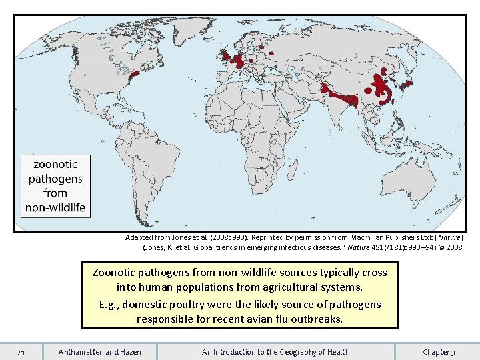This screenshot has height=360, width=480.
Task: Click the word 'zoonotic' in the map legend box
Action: tap(55, 164)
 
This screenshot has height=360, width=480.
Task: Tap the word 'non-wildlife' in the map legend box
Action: tap(55, 207)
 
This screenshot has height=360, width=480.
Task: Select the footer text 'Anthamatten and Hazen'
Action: tap(100, 351)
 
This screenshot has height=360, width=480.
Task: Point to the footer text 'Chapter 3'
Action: tap(439, 351)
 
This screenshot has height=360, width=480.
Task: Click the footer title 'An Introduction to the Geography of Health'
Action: tap(275, 351)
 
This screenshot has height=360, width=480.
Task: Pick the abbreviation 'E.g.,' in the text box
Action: tap(109, 304)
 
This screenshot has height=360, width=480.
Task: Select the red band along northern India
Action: tap(340, 96)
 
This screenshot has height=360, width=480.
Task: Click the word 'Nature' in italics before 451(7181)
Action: tap(323, 247)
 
